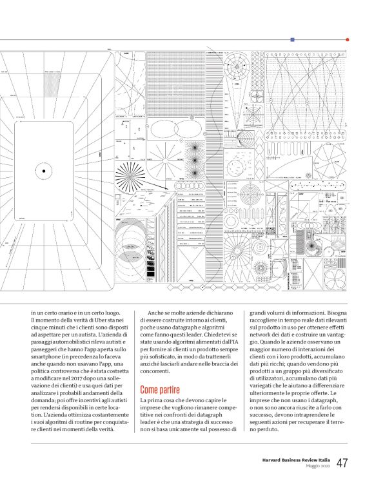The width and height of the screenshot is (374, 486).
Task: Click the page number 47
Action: pyautogui.click(x=342, y=463)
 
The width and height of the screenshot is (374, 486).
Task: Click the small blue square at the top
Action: pyautogui.click(x=292, y=39)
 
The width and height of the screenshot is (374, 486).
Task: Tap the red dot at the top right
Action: pyautogui.click(x=348, y=39)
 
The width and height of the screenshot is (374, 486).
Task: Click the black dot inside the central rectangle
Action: pyautogui.click(x=44, y=170)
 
